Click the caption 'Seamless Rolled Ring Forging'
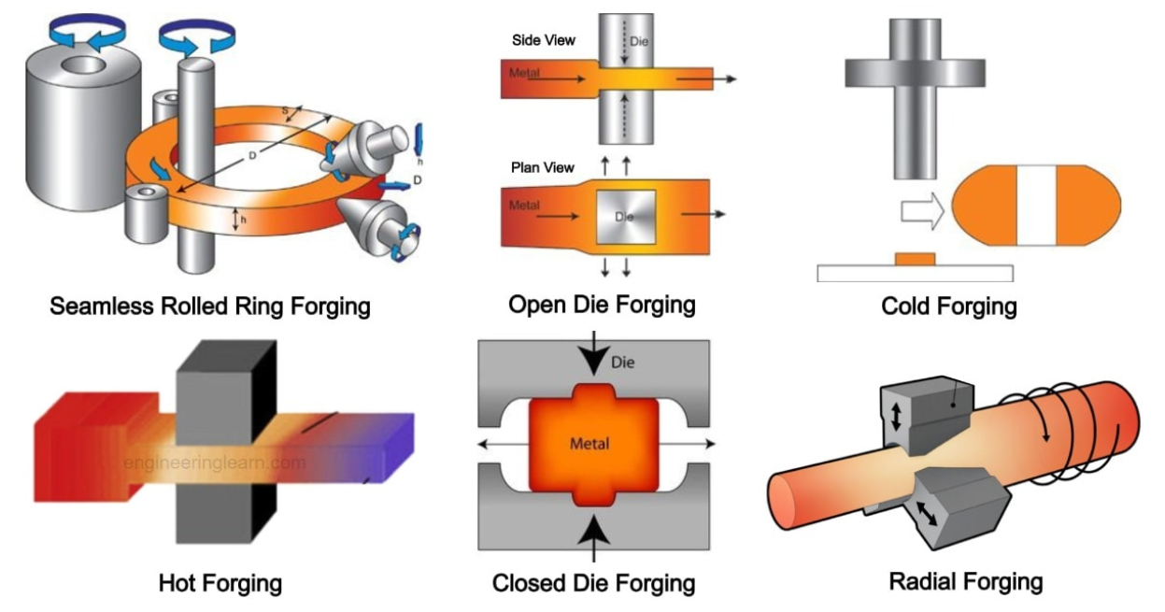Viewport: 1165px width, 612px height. (210, 306)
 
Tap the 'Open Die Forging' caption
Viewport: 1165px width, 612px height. (602, 305)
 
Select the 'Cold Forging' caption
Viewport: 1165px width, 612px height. (948, 306)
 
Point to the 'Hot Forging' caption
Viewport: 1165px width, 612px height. (220, 583)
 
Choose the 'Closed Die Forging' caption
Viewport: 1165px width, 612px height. (593, 583)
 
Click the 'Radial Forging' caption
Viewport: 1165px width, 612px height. (966, 581)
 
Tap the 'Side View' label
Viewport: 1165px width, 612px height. (544, 40)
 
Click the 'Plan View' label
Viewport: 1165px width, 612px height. (543, 167)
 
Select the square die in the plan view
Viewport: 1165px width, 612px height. (626, 217)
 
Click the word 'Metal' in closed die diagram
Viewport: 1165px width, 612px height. (590, 444)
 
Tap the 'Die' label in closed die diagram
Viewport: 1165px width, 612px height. (622, 363)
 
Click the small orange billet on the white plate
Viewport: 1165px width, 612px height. (915, 259)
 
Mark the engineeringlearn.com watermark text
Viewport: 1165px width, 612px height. (214, 463)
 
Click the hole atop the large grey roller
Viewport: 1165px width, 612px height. (84, 65)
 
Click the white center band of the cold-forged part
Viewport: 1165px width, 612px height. (1036, 206)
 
